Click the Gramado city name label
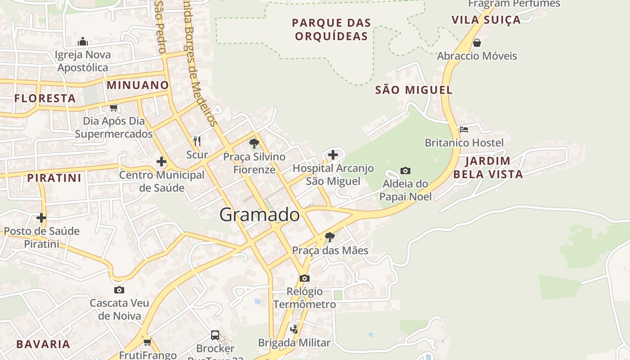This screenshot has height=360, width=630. pyautogui.click(x=259, y=215)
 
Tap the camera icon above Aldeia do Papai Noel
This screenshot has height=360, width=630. pyautogui.click(x=405, y=171)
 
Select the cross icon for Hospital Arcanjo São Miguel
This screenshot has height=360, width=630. pyautogui.click(x=333, y=155)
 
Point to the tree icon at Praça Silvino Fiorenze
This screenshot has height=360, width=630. pyautogui.click(x=254, y=144)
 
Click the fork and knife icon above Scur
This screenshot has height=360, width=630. pyautogui.click(x=197, y=141)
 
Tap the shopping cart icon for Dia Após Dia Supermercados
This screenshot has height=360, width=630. pyautogui.click(x=114, y=108)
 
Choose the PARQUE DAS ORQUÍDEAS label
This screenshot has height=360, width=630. pyautogui.click(x=331, y=29)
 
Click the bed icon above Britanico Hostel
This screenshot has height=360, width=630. pyautogui.click(x=464, y=130)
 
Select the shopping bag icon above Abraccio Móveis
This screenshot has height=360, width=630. pyautogui.click(x=477, y=43)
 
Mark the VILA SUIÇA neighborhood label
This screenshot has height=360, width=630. pyautogui.click(x=486, y=20)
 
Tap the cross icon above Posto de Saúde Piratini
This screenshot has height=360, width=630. pyautogui.click(x=41, y=218)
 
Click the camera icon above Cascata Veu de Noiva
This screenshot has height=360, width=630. pyautogui.click(x=119, y=290)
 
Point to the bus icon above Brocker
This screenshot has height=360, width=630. pyautogui.click(x=215, y=335)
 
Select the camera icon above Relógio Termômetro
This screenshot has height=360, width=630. pyautogui.click(x=305, y=278)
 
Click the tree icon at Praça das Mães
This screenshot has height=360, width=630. pyautogui.click(x=330, y=237)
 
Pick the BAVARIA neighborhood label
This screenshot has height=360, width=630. pyautogui.click(x=43, y=344)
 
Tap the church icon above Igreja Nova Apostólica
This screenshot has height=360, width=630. pyautogui.click(x=82, y=42)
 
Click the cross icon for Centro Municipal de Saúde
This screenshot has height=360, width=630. pyautogui.click(x=162, y=162)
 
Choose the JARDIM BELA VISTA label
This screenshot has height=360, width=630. pyautogui.click(x=488, y=167)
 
